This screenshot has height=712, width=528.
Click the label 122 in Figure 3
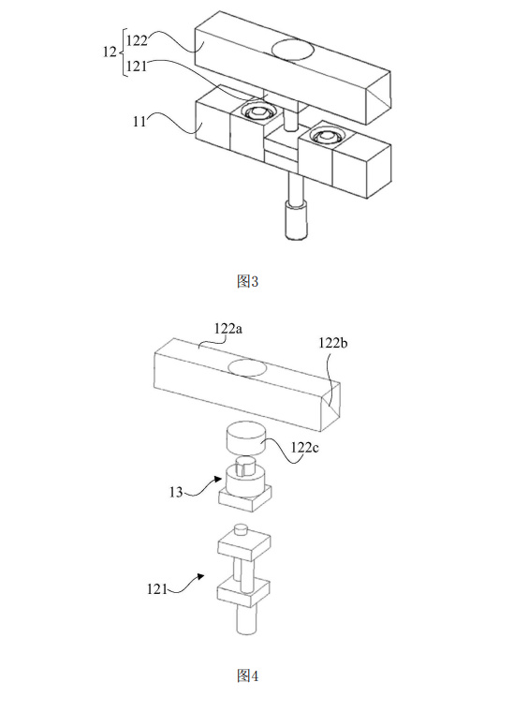137,41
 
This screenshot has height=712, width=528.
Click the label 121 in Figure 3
137,67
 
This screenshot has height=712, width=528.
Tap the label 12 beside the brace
110,52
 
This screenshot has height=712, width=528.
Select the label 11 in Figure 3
139,122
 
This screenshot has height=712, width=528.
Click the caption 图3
247,282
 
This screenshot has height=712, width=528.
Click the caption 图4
247,675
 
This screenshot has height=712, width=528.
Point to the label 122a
228,329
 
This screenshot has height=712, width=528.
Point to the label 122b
333,343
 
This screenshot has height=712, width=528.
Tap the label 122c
305,448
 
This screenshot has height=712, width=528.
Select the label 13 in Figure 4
176,492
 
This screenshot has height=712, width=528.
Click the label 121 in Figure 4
157,589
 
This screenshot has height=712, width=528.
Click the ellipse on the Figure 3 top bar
292,49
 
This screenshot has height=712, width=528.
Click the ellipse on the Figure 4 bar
247,367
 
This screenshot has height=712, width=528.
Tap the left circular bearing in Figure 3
257,111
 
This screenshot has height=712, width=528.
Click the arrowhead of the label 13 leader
218,481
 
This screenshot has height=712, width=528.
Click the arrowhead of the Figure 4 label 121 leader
199,577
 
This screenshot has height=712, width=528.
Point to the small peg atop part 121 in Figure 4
241,529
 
